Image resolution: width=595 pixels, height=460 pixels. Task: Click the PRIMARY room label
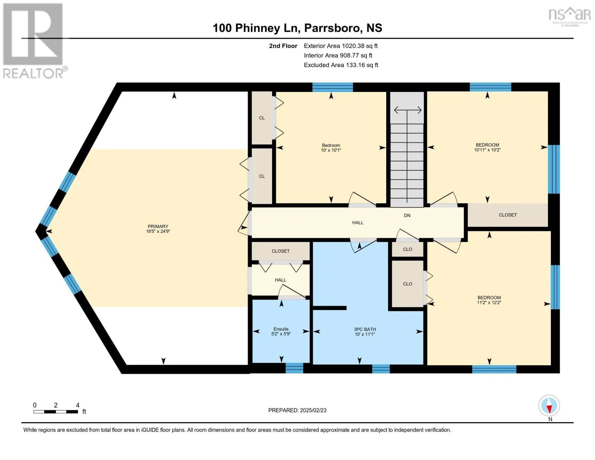click(x=158, y=229)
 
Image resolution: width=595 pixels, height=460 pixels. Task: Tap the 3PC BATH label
click(x=365, y=332)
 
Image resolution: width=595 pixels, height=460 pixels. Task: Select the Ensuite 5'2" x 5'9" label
click(x=281, y=331)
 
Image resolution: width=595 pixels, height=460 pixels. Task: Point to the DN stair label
click(x=407, y=215)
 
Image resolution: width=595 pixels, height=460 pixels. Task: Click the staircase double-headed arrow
click(x=408, y=110)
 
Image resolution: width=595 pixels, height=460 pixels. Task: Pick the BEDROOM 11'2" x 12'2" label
click(x=489, y=300)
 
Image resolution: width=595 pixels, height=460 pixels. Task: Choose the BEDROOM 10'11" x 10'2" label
click(x=487, y=147)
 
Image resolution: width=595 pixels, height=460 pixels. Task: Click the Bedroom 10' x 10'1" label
click(x=331, y=148)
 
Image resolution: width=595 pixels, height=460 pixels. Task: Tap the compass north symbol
click(x=549, y=406)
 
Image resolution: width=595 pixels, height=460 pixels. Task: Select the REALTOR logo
click(x=34, y=41)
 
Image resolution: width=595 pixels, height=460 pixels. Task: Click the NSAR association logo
click(x=570, y=16)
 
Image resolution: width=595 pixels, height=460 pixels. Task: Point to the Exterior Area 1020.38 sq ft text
click(x=341, y=46)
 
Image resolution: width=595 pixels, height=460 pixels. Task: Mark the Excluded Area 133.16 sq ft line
click(x=341, y=65)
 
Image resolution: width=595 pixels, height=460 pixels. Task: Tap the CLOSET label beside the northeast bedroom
click(x=508, y=215)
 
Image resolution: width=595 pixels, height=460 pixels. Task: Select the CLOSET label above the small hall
click(x=280, y=251)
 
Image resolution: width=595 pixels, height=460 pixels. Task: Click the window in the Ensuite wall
click(x=294, y=368)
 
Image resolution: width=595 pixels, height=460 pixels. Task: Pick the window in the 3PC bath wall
click(x=381, y=369)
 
